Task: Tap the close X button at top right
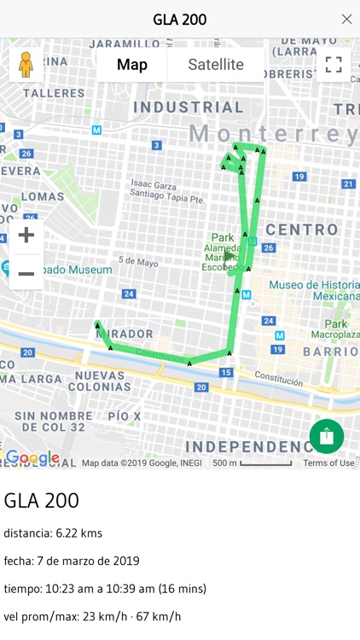(x=346, y=19)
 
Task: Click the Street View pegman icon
(x=26, y=65)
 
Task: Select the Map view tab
(x=132, y=65)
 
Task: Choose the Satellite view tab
(x=216, y=65)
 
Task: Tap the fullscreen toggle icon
(x=334, y=65)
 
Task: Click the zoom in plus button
(x=26, y=236)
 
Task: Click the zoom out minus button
(x=26, y=273)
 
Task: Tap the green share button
(x=327, y=436)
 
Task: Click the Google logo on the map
(x=32, y=458)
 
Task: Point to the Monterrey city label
(x=274, y=134)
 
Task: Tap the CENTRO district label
(x=302, y=230)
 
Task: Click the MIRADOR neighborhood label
(x=125, y=334)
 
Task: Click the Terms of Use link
(x=328, y=463)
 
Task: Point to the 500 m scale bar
(x=265, y=463)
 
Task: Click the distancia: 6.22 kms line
(x=53, y=533)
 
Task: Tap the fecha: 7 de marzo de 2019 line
(x=72, y=561)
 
